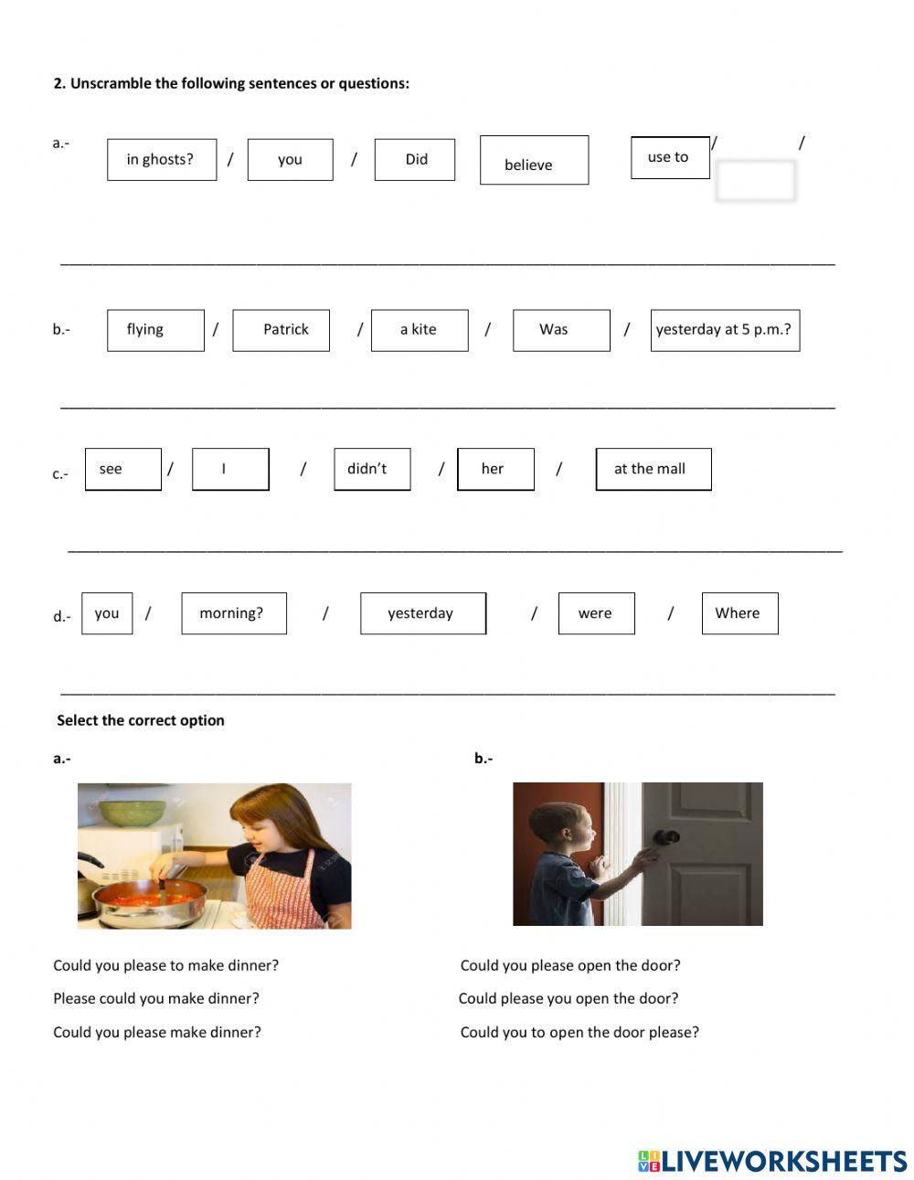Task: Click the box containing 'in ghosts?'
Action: coord(162,159)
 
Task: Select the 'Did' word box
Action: coord(415,159)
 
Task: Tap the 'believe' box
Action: coord(534,161)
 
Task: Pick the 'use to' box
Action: coord(669,157)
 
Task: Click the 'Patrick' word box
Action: coord(281,330)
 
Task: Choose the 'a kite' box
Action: coord(420,330)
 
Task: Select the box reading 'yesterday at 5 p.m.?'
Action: coord(725,330)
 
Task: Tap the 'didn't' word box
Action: coord(372,469)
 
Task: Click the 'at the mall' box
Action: coord(653,469)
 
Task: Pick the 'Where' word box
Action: coord(739,613)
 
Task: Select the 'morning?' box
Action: coord(234,613)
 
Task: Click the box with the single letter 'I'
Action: coord(230,469)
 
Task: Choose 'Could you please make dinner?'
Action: coord(157,1032)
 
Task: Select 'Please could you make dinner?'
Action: coord(156,998)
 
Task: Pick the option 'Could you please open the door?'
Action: coord(570,965)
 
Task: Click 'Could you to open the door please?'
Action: coord(579,1032)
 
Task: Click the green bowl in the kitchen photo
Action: coord(133,812)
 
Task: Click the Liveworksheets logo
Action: coord(772,1161)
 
